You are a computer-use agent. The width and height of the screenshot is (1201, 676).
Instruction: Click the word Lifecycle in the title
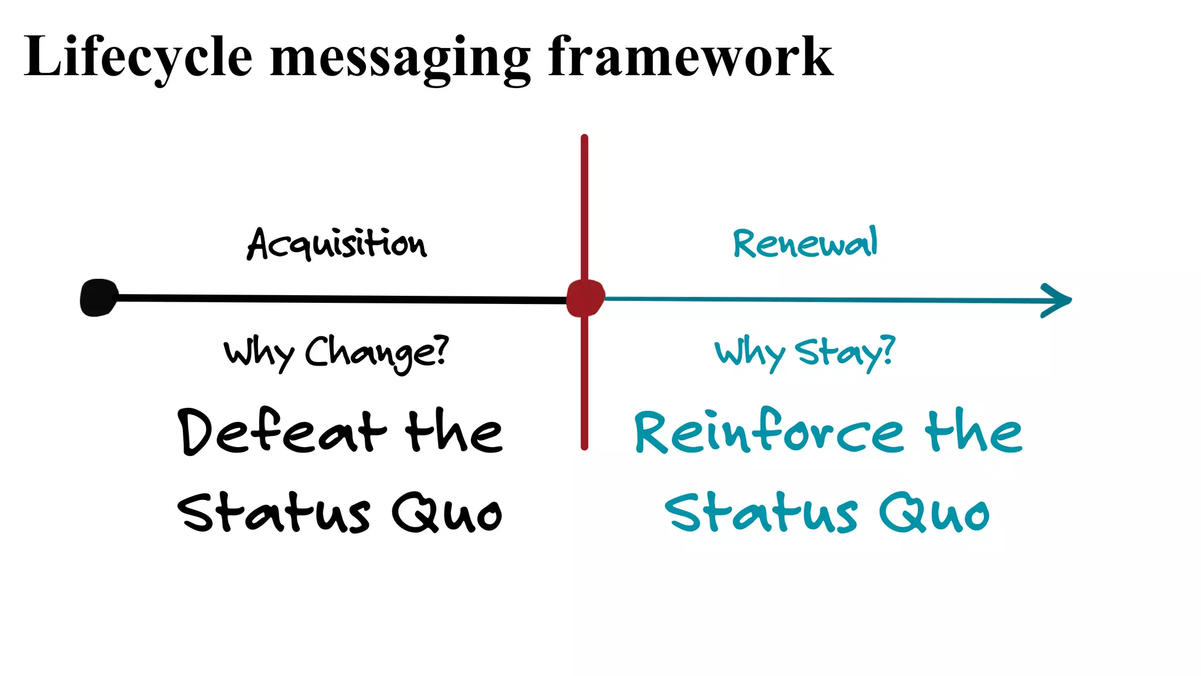tap(138, 57)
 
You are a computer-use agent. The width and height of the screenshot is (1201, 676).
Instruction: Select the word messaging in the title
tap(400, 59)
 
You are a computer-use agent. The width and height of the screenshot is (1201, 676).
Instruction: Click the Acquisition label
tap(337, 243)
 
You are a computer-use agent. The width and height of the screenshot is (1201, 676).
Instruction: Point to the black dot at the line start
tap(99, 298)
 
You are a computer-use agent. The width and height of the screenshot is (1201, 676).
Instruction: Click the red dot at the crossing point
tap(585, 298)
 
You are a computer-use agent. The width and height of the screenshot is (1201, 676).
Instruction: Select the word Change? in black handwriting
tap(376, 353)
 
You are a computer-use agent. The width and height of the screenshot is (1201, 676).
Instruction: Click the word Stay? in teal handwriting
tap(845, 352)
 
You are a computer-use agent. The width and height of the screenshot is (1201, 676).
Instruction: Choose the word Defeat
tap(282, 431)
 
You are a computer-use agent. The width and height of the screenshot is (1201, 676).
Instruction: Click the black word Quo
tap(447, 513)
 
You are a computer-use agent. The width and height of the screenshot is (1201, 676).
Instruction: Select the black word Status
tap(274, 513)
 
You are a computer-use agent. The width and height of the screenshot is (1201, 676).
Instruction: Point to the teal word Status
tap(761, 513)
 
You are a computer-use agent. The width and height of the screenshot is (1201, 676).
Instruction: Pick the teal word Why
tap(749, 353)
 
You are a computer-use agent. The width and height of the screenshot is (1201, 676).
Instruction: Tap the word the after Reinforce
tap(973, 431)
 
